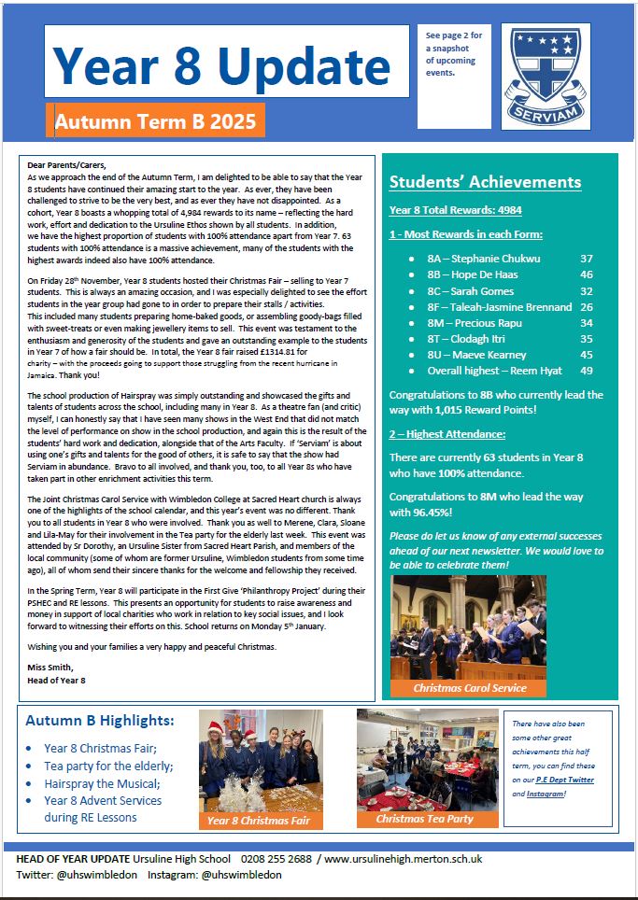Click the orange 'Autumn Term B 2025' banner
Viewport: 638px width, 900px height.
(x=155, y=120)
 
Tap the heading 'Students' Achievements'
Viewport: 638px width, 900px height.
(x=485, y=182)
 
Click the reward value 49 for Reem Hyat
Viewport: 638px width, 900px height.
(x=587, y=371)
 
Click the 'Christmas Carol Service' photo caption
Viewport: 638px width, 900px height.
(x=470, y=688)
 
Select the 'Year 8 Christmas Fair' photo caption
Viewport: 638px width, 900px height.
(x=260, y=821)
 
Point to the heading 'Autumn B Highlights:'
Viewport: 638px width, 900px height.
(x=100, y=721)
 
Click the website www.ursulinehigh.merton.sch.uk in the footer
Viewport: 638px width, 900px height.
(x=404, y=859)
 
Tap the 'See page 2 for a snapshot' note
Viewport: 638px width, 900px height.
(x=454, y=53)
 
